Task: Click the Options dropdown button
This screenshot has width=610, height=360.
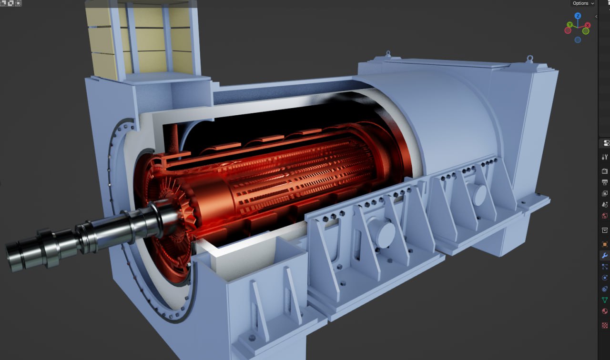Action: [583, 3]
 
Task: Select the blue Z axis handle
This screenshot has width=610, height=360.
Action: [578, 16]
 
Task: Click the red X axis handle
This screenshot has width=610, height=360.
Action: [588, 25]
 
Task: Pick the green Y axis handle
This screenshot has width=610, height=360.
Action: [569, 25]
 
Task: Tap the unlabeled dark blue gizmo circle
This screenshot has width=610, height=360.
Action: [578, 40]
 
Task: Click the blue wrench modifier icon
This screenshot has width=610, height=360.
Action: [604, 255]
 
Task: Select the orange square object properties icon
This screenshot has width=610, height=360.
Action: [604, 244]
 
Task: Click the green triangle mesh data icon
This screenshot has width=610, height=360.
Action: [604, 300]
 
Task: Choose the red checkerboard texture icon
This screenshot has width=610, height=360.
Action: [604, 325]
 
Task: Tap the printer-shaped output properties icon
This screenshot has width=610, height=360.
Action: [604, 182]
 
